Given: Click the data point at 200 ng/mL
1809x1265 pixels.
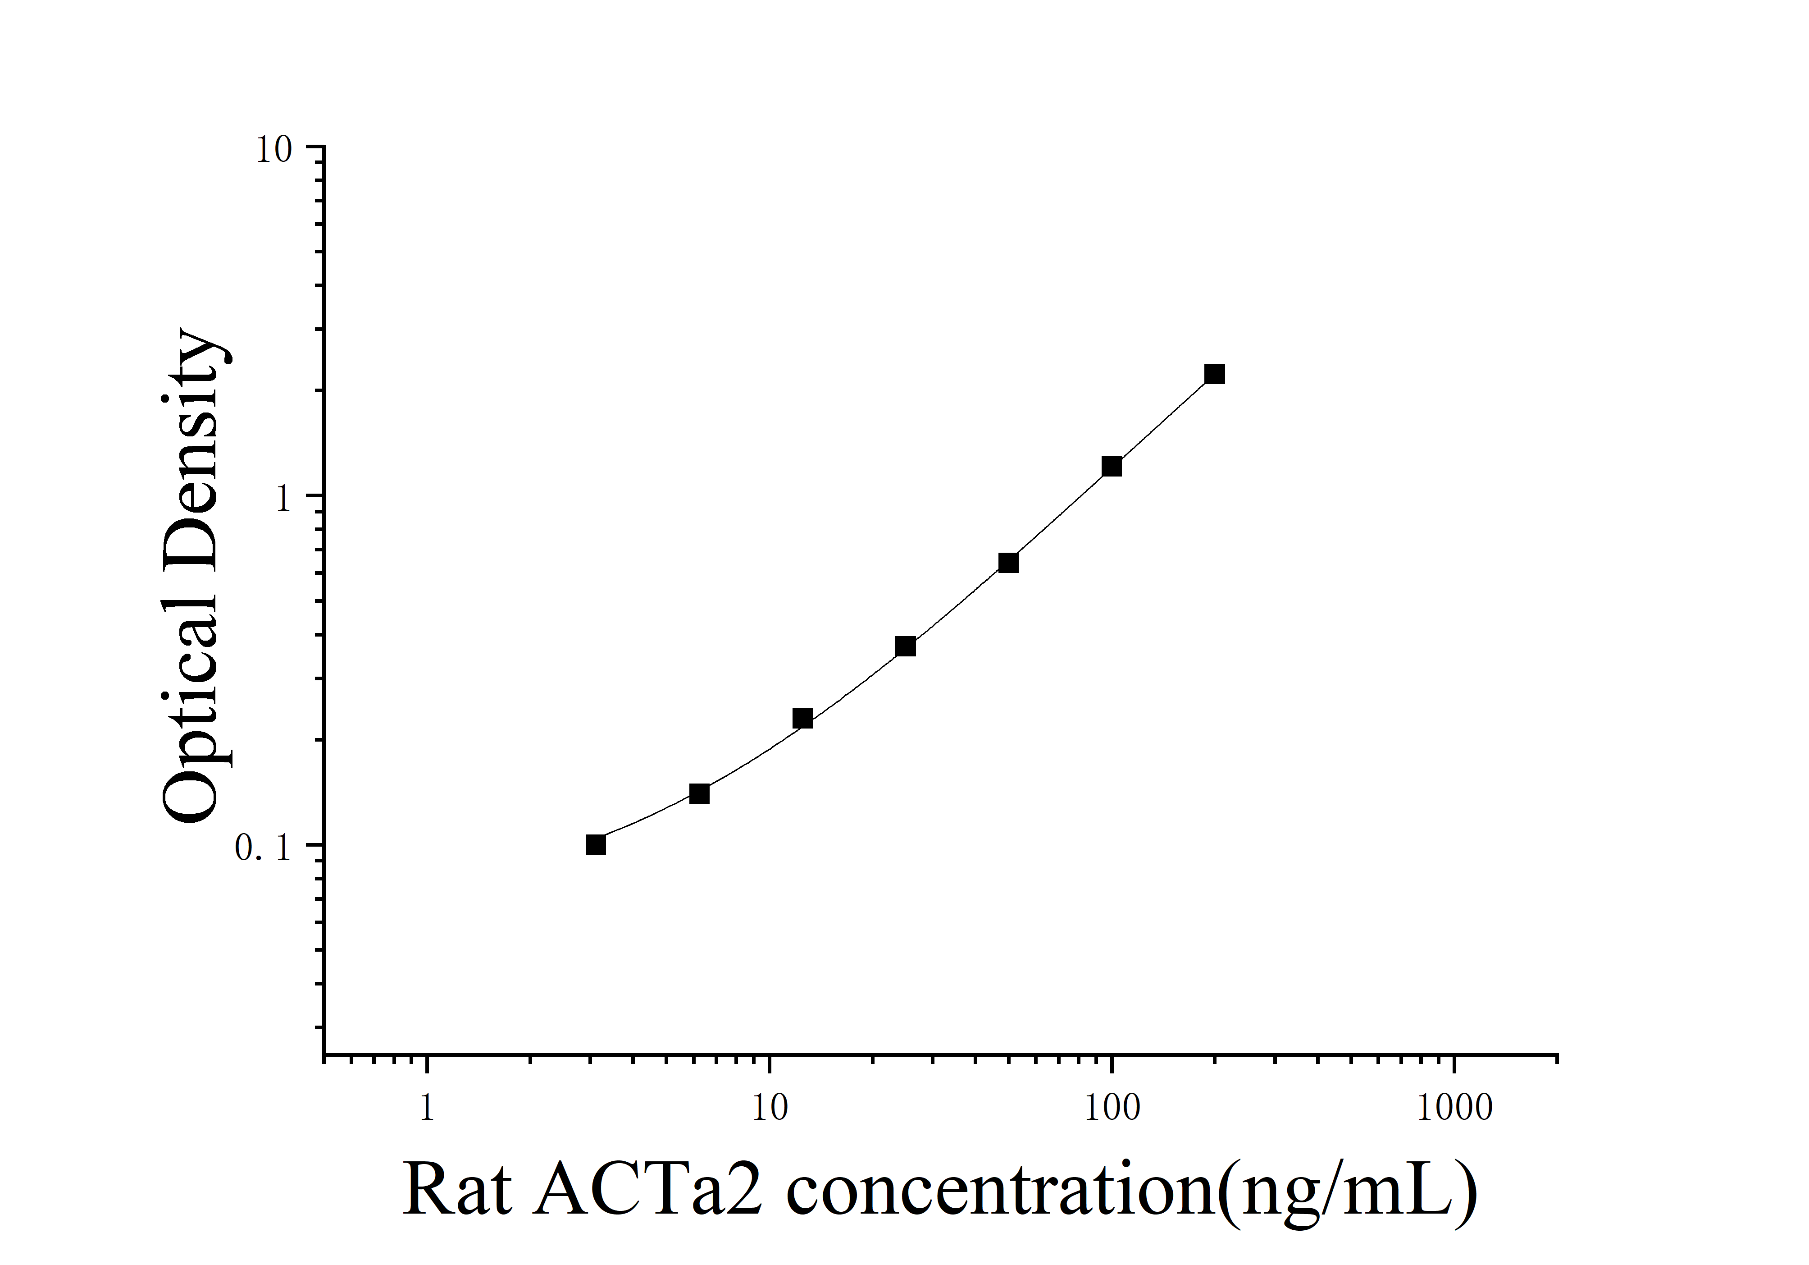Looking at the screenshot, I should [1214, 374].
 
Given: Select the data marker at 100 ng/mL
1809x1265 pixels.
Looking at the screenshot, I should [1111, 467].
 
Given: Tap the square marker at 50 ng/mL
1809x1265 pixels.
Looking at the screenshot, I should [1008, 563].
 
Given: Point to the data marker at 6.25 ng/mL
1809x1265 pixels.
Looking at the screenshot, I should [699, 793].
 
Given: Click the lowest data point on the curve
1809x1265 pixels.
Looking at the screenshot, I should [596, 844].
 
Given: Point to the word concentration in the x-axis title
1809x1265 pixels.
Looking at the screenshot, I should [1001, 1188].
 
